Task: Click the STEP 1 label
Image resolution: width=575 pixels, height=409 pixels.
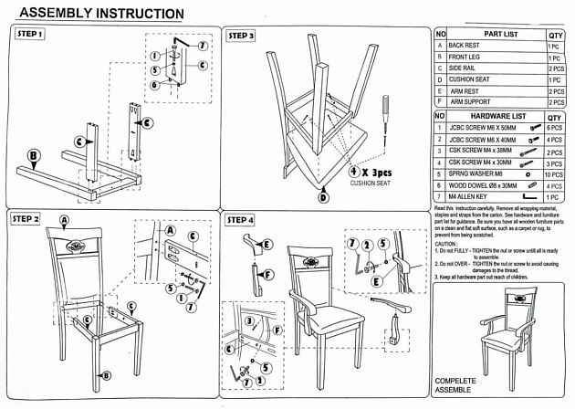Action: (x=30, y=33)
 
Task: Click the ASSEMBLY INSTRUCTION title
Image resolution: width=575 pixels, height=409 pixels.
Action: (x=100, y=13)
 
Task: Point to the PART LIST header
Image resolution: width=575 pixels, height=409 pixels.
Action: (x=500, y=34)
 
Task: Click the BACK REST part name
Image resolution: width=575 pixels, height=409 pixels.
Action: (x=465, y=45)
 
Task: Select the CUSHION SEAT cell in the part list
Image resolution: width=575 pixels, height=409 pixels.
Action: (x=469, y=79)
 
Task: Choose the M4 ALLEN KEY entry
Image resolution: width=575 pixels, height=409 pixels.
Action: (x=469, y=196)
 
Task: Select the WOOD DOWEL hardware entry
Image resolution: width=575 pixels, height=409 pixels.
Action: (x=481, y=185)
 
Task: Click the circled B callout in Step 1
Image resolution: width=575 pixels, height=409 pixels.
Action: (x=33, y=156)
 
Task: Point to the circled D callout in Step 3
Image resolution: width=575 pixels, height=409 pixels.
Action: (x=323, y=196)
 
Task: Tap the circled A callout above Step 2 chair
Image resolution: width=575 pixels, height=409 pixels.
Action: (x=64, y=220)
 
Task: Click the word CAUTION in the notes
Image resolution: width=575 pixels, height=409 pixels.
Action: (x=446, y=245)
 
